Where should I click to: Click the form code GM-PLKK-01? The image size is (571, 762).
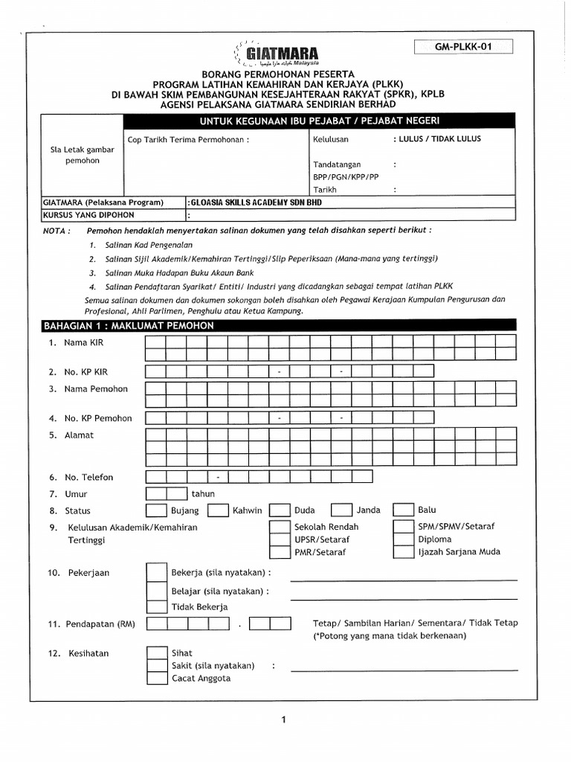click(464, 47)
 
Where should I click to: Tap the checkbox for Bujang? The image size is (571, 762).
click(156, 510)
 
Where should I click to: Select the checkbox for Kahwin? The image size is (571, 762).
click(218, 510)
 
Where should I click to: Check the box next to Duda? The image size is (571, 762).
click(280, 510)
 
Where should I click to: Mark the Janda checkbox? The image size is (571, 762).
click(341, 510)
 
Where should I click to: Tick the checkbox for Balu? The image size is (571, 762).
click(403, 510)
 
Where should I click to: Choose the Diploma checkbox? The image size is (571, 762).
click(403, 539)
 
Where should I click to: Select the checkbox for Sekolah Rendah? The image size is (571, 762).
click(280, 526)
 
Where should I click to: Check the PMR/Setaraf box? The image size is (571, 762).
click(280, 552)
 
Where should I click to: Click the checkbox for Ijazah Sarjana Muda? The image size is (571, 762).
click(403, 552)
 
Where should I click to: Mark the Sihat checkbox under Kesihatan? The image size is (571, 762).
click(156, 653)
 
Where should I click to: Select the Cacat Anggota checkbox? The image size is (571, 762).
click(156, 678)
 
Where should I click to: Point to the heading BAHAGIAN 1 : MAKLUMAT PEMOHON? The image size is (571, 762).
click(129, 326)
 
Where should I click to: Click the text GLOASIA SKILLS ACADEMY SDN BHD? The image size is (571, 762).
click(257, 202)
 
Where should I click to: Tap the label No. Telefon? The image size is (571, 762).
click(88, 477)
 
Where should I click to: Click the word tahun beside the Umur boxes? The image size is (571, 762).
click(203, 494)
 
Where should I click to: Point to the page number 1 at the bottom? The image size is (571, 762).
click(284, 720)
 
